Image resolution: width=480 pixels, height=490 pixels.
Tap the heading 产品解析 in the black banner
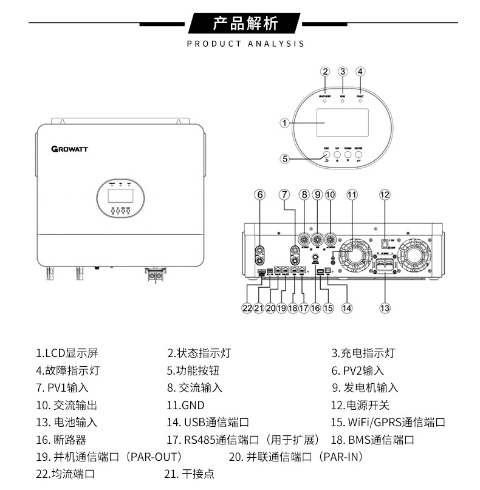coord(245,24)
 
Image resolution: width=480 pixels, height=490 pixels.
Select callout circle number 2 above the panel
coord(325,72)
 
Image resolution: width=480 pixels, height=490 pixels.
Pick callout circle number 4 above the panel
coord(360,72)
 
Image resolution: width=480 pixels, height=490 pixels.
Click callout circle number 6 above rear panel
coord(260,195)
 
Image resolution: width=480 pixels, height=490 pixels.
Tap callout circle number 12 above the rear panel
coord(384,195)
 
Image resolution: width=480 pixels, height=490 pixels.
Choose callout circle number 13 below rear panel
coord(384,308)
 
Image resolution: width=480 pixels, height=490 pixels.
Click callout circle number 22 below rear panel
coord(247,308)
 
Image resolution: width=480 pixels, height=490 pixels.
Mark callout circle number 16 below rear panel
coord(315,308)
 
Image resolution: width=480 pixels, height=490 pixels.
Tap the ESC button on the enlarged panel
coord(326,155)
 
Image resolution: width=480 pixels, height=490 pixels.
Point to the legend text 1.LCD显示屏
coord(67,353)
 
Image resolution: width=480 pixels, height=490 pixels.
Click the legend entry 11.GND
coord(185,405)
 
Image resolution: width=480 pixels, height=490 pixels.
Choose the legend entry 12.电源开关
coord(360,405)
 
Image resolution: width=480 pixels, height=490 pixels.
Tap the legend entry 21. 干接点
coord(189,474)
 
